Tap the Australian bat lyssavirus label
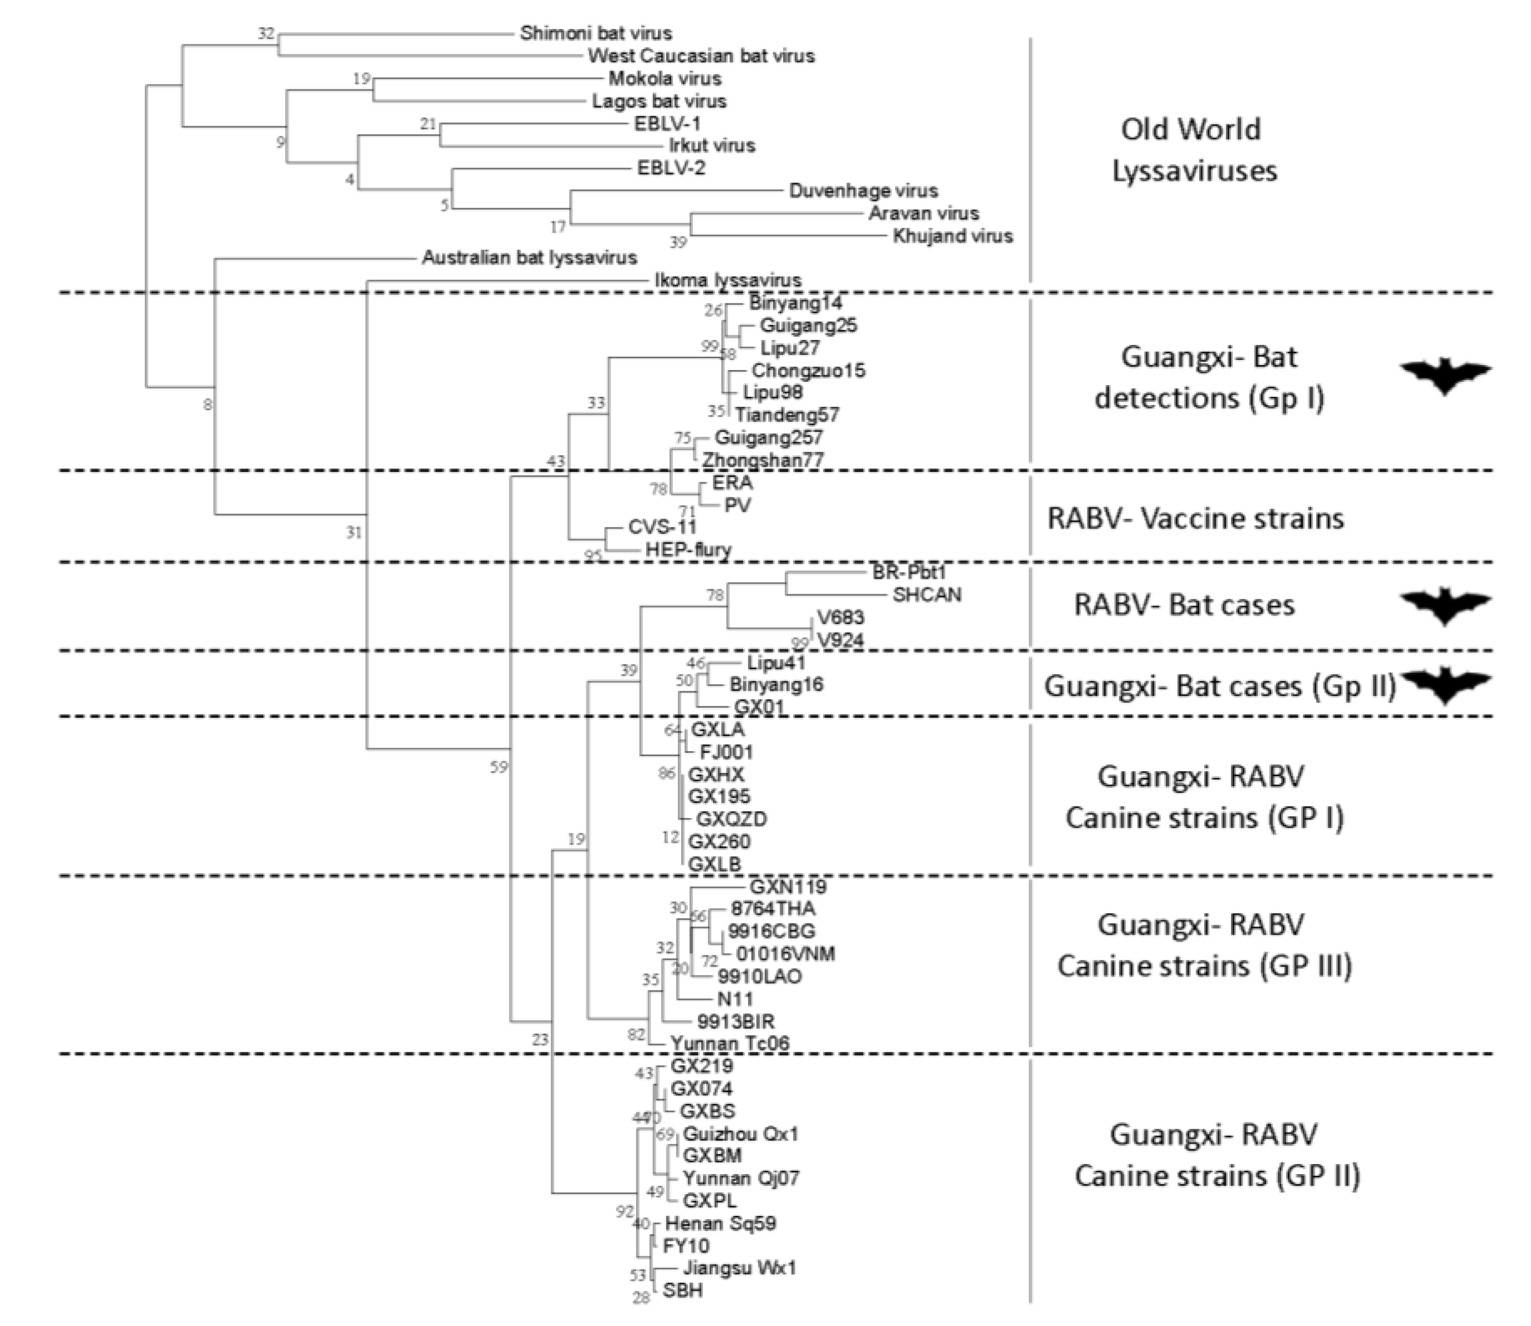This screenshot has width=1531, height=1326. [529, 258]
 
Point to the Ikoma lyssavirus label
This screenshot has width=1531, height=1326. [727, 280]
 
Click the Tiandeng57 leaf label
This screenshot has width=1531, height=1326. [786, 415]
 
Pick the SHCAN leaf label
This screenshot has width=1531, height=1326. [927, 595]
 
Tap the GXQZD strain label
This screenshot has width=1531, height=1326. [731, 819]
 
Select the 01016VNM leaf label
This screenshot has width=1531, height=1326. [785, 954]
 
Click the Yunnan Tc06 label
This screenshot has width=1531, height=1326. [730, 1043]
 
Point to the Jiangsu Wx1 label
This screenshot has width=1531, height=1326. [739, 1268]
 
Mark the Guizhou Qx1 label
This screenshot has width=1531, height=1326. [741, 1133]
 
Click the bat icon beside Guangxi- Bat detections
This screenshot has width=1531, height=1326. [1444, 376]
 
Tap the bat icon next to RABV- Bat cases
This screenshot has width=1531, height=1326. [1444, 606]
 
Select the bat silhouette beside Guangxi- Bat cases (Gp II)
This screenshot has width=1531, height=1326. [1444, 684]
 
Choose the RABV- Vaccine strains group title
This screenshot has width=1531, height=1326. [1195, 518]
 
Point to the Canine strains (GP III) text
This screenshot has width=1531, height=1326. [1204, 965]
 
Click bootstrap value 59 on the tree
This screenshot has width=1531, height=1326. [499, 767]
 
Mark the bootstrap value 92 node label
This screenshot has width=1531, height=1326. [626, 1211]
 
